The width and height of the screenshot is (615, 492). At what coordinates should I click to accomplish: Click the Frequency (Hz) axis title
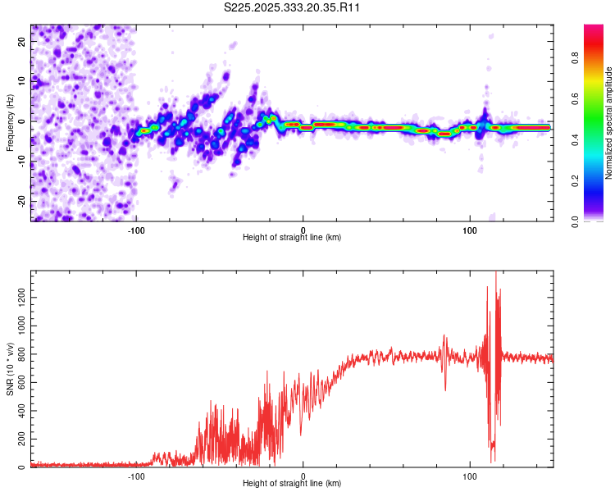10,123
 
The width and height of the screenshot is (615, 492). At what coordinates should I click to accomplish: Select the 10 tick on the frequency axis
23,81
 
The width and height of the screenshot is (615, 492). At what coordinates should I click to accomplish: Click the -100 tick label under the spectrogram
136,230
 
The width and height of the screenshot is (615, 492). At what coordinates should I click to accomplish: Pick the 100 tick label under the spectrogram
470,230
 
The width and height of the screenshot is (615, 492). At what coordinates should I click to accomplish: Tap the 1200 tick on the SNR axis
18,298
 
